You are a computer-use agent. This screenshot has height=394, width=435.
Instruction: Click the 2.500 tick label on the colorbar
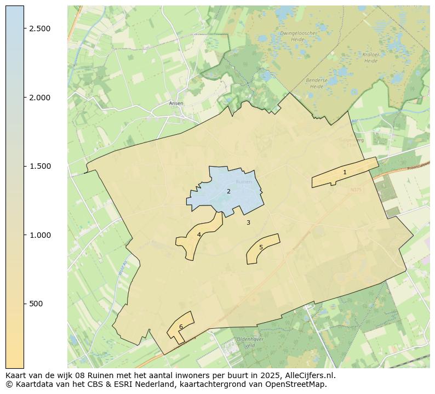tap(40, 28)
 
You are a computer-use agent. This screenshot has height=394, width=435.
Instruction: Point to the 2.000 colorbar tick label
tap(40, 98)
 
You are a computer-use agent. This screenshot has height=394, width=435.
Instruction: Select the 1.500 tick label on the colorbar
tap(40, 166)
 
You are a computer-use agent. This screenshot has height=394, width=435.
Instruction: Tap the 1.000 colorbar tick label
tap(40, 235)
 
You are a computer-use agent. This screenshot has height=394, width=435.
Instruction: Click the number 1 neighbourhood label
tap(345, 172)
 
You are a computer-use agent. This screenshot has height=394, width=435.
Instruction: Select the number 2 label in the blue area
tap(228, 191)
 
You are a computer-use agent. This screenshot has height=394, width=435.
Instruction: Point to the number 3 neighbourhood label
tap(248, 222)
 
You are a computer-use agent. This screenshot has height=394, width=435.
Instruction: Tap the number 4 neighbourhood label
tap(199, 235)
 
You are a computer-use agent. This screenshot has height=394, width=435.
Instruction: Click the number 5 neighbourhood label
tap(261, 247)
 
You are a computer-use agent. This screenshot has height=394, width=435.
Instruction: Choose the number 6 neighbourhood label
tap(181, 327)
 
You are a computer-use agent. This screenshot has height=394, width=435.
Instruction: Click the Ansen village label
tap(176, 103)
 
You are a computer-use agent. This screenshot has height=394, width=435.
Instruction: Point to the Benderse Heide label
tap(317, 83)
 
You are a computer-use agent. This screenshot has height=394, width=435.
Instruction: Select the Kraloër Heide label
tap(371, 58)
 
